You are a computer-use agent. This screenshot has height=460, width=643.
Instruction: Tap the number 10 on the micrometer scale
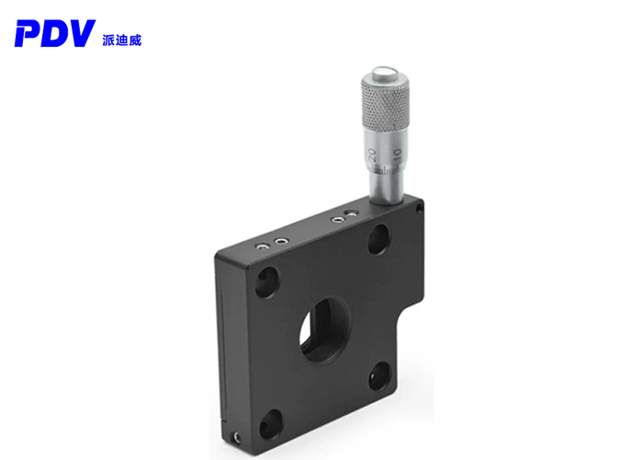coord(397,153)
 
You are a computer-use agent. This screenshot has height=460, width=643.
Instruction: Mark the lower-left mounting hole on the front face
coord(270,424)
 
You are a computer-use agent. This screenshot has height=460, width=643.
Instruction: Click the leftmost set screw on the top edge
coord(264,246)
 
